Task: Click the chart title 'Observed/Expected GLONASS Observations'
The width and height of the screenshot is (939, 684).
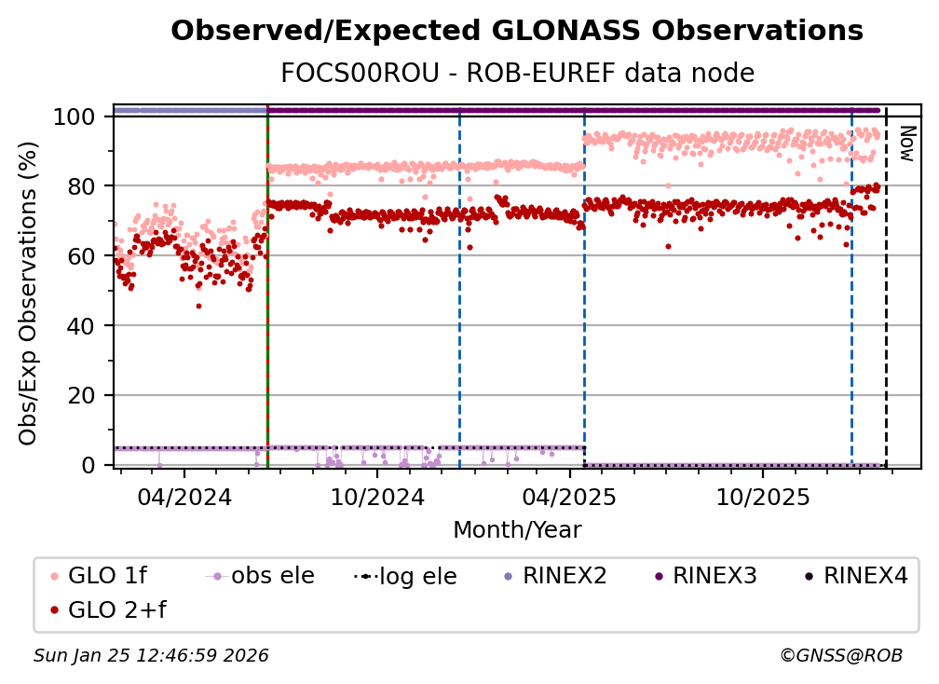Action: [517, 31]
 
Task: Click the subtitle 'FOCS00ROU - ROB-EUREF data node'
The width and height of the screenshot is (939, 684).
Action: [517, 73]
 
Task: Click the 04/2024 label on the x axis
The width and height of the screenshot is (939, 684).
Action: [184, 496]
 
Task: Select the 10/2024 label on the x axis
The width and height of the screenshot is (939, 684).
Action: [376, 496]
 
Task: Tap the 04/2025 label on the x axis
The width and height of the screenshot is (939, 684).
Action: [569, 496]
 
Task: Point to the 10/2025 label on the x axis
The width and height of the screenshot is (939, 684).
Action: [762, 496]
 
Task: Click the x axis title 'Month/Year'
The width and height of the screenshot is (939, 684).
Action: [517, 530]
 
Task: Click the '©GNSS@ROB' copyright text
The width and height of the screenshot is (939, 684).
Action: [840, 656]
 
